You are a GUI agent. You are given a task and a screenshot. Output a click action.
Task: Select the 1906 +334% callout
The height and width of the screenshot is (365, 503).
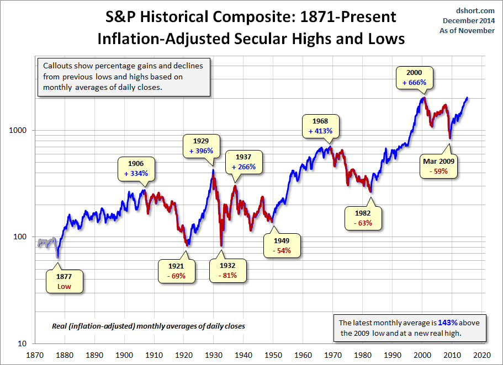pos(136,168)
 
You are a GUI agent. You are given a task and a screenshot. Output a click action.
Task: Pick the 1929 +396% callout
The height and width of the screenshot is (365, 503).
pos(200,146)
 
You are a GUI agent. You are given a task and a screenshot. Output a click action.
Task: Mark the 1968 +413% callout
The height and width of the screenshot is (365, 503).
pos(321,126)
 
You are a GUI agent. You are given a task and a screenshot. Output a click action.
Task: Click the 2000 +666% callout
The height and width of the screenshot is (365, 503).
pos(415,77)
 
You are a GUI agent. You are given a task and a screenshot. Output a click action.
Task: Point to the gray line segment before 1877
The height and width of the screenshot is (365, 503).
pos(46,243)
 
